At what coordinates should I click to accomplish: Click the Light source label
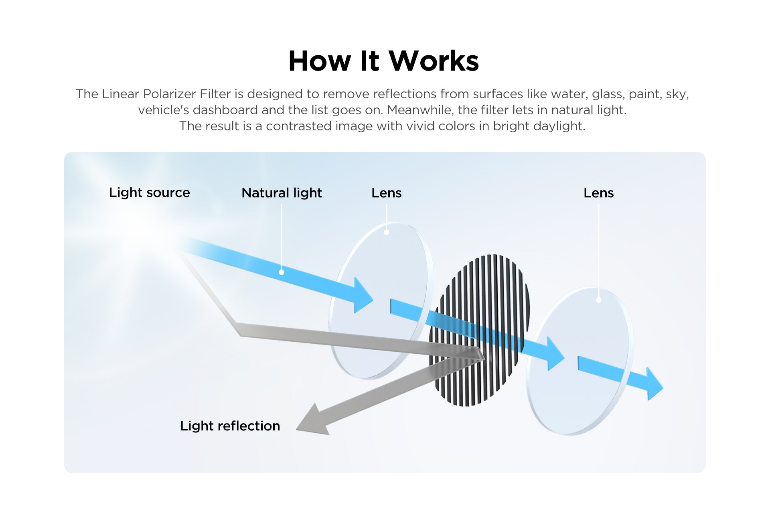coord(149,193)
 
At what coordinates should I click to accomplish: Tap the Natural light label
coord(282,193)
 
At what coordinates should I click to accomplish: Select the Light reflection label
coord(230,426)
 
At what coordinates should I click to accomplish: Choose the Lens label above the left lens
coord(386,193)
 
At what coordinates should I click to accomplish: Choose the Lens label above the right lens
coord(598,193)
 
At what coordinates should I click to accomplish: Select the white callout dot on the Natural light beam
coord(282,272)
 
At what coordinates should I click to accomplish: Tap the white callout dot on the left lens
coord(387,232)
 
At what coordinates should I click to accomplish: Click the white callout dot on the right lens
coord(599,300)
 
